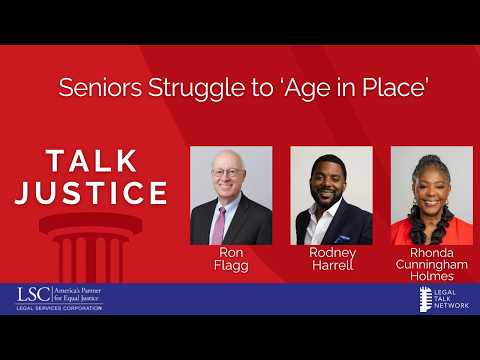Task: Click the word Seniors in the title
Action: point(100,88)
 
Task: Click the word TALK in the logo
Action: point(92,161)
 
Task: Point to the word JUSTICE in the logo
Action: point(91,193)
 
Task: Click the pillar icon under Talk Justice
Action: point(91,247)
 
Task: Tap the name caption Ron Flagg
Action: point(231,259)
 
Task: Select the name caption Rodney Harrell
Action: point(332,259)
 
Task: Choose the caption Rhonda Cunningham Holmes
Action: point(432,264)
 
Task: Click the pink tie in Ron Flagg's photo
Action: point(219,226)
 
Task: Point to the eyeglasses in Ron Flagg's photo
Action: point(228,172)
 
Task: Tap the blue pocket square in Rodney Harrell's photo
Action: point(342,238)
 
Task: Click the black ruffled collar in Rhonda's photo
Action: point(431,223)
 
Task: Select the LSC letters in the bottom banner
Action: point(34,295)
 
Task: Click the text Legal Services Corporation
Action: point(59,308)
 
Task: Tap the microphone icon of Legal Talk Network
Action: point(425,299)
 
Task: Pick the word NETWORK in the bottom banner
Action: point(452,305)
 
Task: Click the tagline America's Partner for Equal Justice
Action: point(77,294)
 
